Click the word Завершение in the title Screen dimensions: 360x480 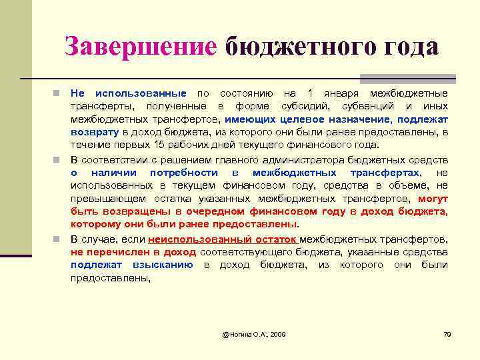pos(141,47)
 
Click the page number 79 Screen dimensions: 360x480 pos(447,333)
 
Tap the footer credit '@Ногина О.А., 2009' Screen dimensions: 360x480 pos(254,333)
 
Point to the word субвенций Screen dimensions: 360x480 pos(368,106)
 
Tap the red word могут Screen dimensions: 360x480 pos(433,199)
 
